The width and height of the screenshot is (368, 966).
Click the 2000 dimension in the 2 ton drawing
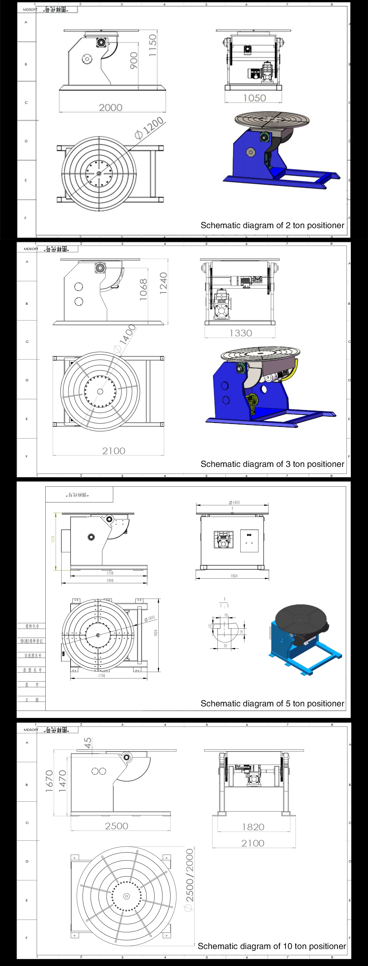coord(110,108)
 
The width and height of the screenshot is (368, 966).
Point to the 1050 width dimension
coord(254,98)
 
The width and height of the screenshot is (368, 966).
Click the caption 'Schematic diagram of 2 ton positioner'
coord(272,225)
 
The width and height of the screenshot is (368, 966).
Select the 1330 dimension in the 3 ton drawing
coord(240,333)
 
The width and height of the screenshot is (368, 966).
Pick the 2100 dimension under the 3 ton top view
coord(114,451)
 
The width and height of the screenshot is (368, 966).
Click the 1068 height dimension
coord(143,290)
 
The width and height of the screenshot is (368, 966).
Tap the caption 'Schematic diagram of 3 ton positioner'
coord(272,464)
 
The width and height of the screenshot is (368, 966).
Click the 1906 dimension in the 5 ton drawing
coord(110,581)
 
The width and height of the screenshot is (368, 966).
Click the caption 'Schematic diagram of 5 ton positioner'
coord(272,703)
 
